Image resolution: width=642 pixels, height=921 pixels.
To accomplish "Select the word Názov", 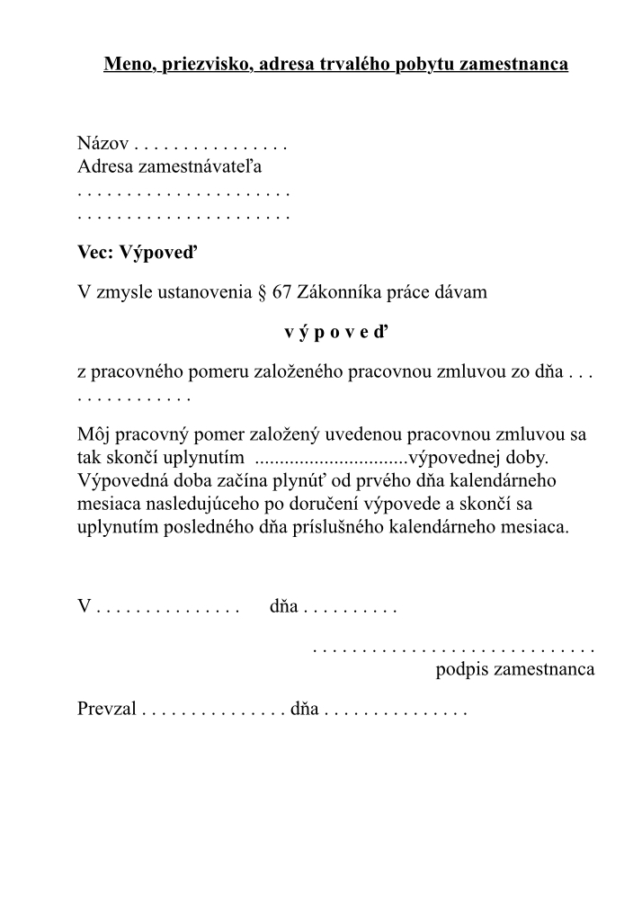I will tap(103, 143).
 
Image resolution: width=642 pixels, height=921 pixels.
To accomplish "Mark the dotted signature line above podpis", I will tap(453, 647).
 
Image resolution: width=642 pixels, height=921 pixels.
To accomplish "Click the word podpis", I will tap(462, 670).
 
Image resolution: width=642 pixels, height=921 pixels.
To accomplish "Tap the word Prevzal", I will tap(107, 709).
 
